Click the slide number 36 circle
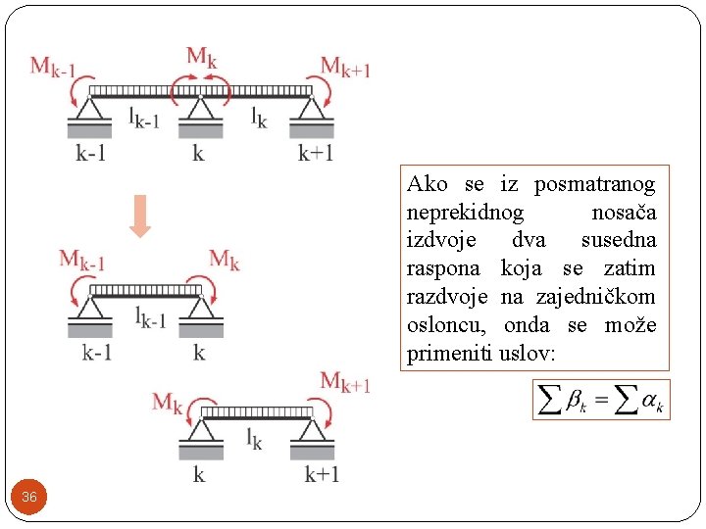29,498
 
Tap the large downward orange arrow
140,216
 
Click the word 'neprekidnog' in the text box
465,213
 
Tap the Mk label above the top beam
201,58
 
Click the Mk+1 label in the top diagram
345,67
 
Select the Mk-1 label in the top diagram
53,67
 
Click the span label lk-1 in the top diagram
145,118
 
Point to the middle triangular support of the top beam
201,107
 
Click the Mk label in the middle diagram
225,260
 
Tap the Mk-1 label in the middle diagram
82,261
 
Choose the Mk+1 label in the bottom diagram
346,382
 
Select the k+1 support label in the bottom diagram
322,475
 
